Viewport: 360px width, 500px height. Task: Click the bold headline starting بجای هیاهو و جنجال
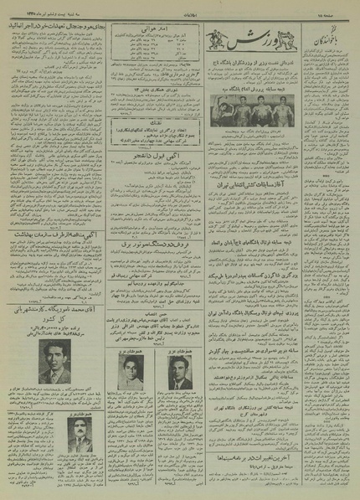click(55, 25)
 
